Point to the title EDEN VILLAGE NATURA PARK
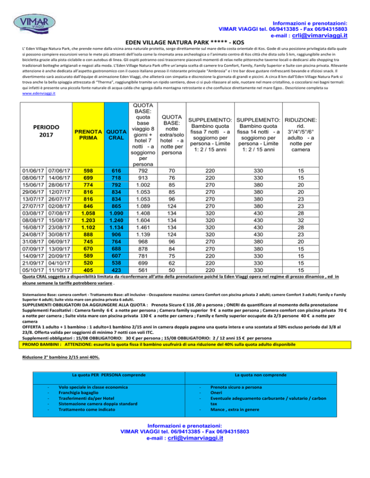[185, 42]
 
